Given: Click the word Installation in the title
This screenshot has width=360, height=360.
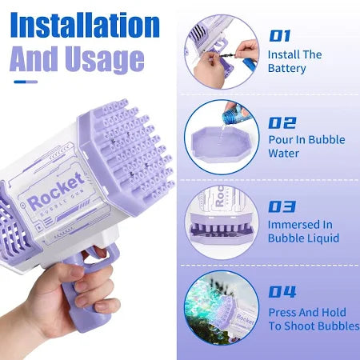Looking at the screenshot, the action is tap(85, 25).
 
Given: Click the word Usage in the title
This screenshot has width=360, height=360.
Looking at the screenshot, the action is tap(105, 60).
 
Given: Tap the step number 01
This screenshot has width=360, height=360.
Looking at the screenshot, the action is tap(279, 36).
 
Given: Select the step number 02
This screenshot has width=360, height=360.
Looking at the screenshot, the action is tap(282, 123).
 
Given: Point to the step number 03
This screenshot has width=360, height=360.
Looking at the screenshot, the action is tap(282, 206).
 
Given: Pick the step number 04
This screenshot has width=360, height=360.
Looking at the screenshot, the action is tap(282, 292).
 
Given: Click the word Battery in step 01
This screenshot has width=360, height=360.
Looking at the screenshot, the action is tap(287, 69).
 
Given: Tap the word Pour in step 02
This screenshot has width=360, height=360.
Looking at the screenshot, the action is tap(280, 140).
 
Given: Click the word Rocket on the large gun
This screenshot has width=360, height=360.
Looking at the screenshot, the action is tap(55, 190).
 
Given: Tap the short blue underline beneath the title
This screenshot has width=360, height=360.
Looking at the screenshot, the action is tap(26, 82).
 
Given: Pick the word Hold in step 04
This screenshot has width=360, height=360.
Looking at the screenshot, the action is tap(334, 312).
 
